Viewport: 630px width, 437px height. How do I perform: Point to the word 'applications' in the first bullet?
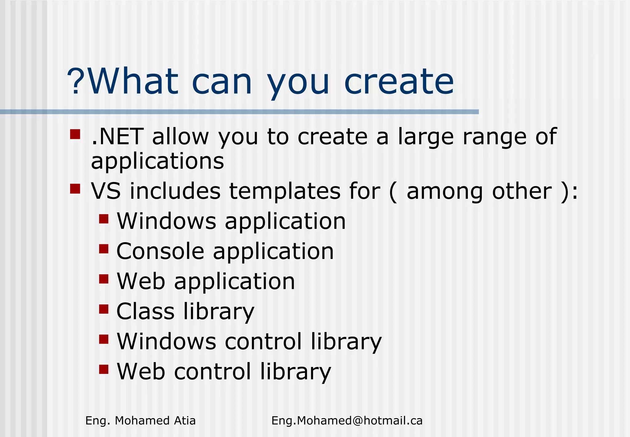click(157, 161)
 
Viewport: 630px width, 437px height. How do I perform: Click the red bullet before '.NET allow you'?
click(75, 134)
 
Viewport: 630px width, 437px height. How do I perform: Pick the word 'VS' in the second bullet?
click(106, 191)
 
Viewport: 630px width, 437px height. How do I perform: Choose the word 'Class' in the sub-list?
click(146, 311)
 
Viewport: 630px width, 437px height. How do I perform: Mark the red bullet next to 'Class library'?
click(104, 309)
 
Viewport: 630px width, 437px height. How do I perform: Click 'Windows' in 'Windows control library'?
click(166, 341)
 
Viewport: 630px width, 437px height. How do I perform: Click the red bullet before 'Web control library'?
click(104, 369)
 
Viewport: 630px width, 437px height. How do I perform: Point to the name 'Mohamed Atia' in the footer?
click(155, 421)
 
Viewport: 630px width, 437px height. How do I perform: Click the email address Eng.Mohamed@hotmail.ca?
click(347, 421)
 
